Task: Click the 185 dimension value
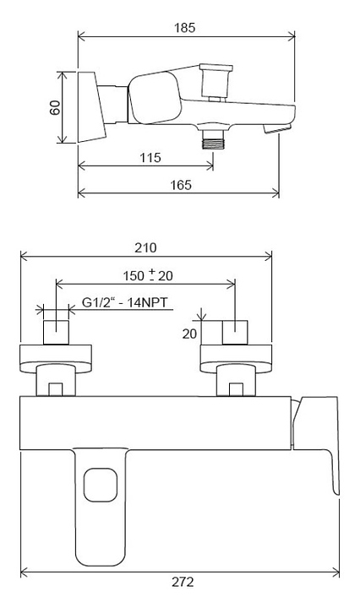185,28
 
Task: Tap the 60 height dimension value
55,107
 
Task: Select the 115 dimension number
150,157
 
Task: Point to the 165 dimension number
181,185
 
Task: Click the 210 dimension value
146,247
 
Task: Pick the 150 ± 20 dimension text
148,275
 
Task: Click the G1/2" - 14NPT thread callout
125,302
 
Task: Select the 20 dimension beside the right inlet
189,334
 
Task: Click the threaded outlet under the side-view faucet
213,139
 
